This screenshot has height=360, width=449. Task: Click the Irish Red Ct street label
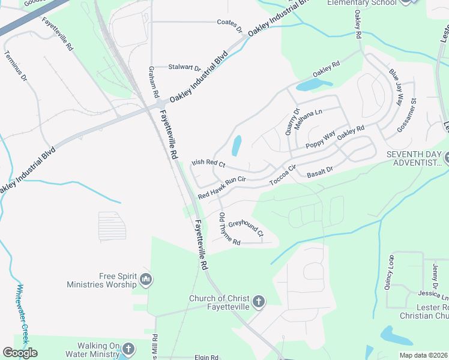click(x=208, y=163)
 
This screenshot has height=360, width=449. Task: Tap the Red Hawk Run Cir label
click(x=222, y=186)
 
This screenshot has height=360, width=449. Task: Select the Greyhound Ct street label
click(x=246, y=228)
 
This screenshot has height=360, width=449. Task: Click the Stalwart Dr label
click(x=184, y=68)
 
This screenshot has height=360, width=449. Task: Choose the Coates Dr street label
click(x=229, y=24)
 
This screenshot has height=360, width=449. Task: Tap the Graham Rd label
click(x=153, y=82)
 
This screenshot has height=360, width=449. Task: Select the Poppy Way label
click(x=320, y=139)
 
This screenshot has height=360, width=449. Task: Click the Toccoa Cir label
click(x=284, y=176)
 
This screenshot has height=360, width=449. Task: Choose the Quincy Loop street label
click(x=389, y=274)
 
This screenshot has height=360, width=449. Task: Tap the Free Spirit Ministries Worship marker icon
click(x=145, y=279)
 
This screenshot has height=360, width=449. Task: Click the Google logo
click(x=20, y=353)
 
